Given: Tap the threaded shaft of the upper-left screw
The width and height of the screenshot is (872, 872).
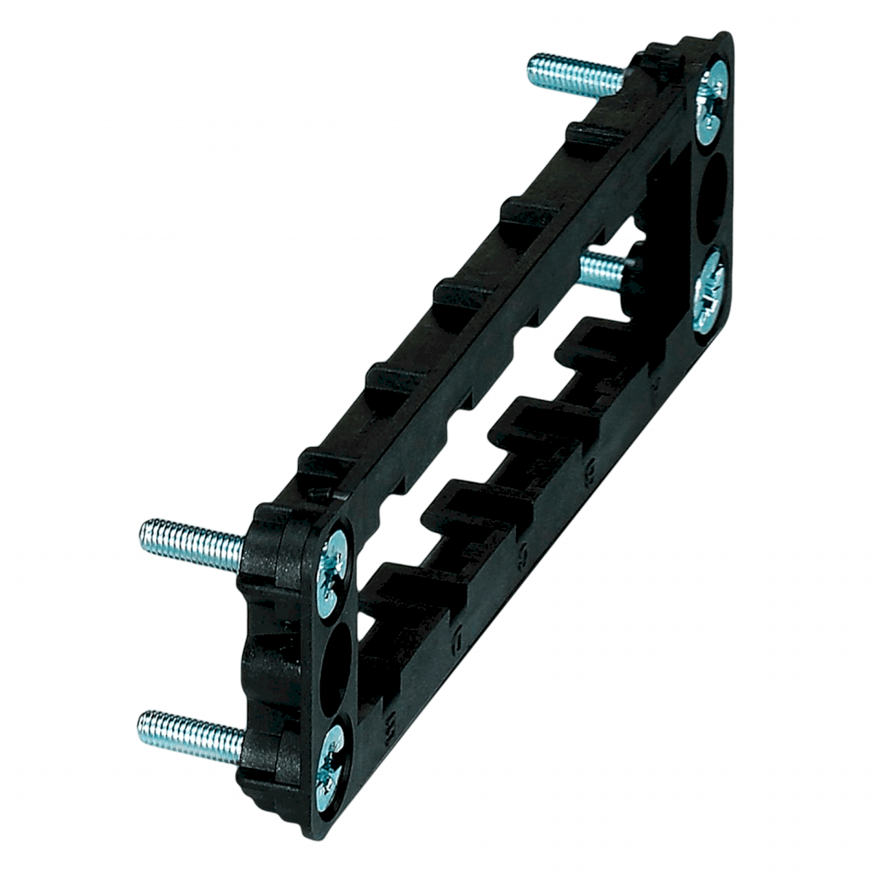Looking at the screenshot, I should (x=192, y=539).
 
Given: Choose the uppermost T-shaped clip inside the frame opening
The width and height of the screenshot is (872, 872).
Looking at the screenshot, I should (x=588, y=341).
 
